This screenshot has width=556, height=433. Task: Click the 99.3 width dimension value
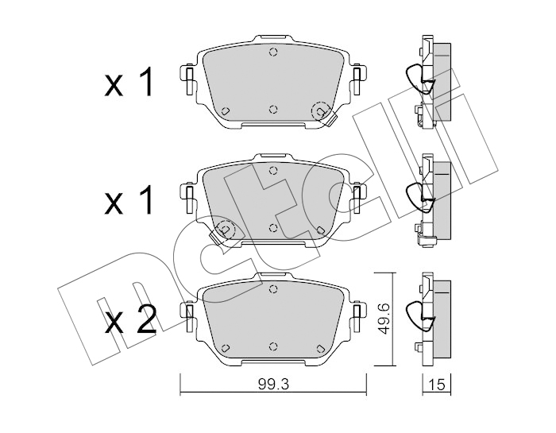[x=273, y=385]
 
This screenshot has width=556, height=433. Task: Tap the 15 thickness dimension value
[x=437, y=385]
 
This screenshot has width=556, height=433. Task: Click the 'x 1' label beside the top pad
[x=129, y=83]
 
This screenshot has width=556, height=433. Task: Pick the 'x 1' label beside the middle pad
[x=129, y=200]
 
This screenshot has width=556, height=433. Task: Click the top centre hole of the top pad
[x=272, y=52]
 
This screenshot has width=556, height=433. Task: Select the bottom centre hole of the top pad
[x=272, y=109]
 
